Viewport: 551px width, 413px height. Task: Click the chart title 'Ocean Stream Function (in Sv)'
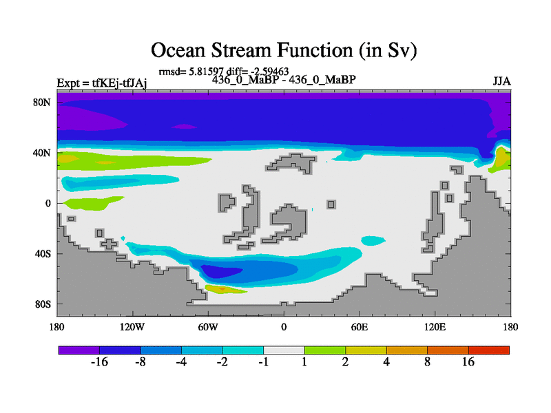[284, 50]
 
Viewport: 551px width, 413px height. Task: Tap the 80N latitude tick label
[42, 103]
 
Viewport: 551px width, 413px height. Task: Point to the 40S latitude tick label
[43, 253]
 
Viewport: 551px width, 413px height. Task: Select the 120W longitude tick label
[132, 328]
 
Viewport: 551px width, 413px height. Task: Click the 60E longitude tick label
[360, 328]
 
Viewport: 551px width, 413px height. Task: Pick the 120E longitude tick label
[435, 328]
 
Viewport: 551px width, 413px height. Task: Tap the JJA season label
[501, 81]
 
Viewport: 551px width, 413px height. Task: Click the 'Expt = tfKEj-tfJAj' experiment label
[102, 83]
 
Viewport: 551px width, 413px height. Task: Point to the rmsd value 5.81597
[206, 72]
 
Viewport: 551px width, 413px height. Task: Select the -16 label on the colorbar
[99, 362]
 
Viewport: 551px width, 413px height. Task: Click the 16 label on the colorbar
[468, 362]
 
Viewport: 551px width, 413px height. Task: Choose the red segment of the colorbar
[489, 350]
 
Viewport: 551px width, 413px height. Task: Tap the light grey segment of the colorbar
[284, 350]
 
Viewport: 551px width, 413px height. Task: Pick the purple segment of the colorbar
[79, 350]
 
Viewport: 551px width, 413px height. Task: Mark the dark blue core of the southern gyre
[220, 271]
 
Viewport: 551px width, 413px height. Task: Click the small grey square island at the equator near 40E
[331, 204]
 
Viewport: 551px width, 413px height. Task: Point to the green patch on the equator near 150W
[92, 203]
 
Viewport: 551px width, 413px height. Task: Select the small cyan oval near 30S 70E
[373, 240]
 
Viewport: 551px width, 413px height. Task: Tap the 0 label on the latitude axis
[48, 203]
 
